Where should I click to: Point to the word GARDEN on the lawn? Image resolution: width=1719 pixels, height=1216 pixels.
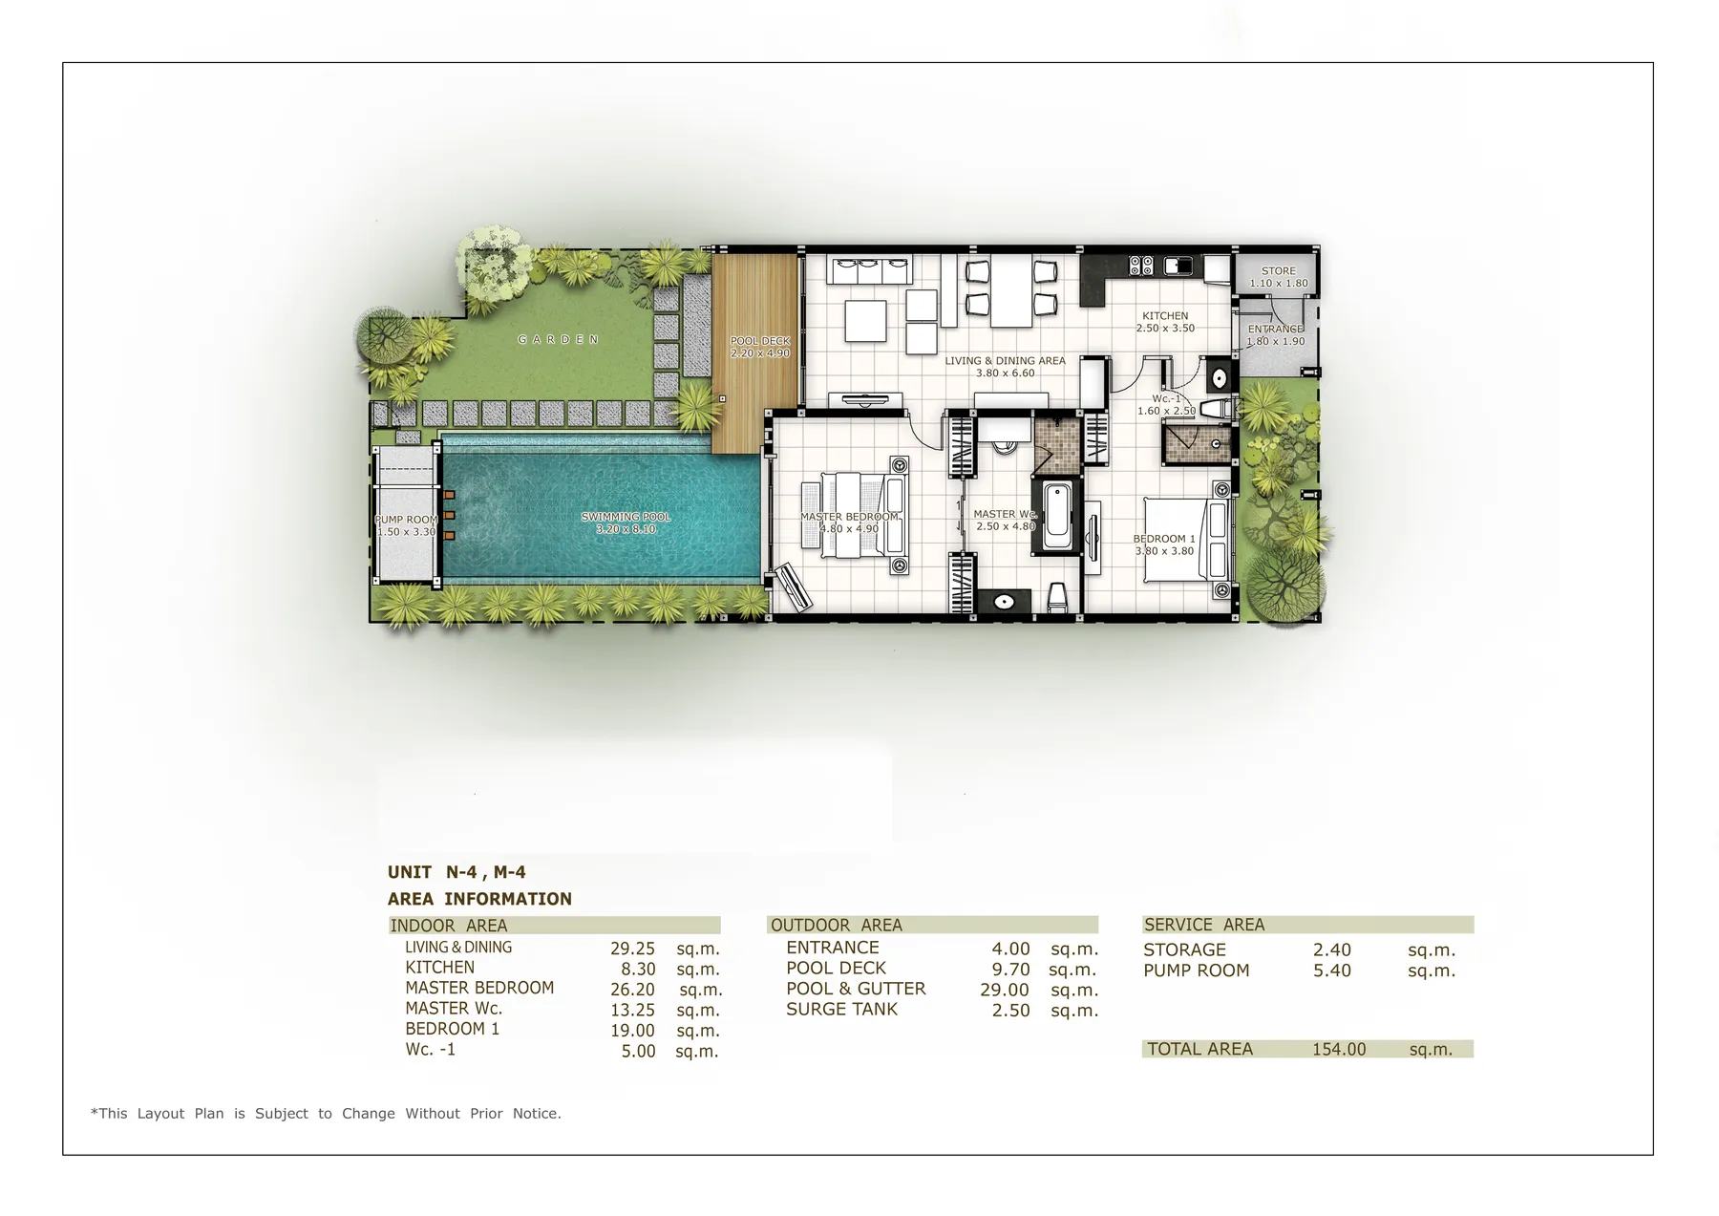tap(559, 339)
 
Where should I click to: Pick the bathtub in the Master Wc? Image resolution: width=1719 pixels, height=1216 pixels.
tap(1056, 516)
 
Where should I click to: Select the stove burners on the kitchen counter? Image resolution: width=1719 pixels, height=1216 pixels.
tap(1141, 265)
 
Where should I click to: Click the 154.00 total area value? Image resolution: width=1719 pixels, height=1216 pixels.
tap(1338, 1049)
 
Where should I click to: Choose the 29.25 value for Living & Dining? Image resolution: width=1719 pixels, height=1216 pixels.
tap(632, 949)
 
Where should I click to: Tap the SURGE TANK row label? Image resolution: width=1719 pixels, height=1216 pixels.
tap(841, 1009)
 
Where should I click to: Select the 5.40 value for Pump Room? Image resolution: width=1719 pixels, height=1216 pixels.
tap(1331, 971)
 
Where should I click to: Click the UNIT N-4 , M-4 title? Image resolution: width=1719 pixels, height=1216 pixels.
tap(456, 872)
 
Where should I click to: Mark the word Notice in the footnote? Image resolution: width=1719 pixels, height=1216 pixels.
tap(537, 1113)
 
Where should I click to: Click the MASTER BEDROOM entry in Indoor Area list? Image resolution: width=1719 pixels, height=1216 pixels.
tap(479, 988)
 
